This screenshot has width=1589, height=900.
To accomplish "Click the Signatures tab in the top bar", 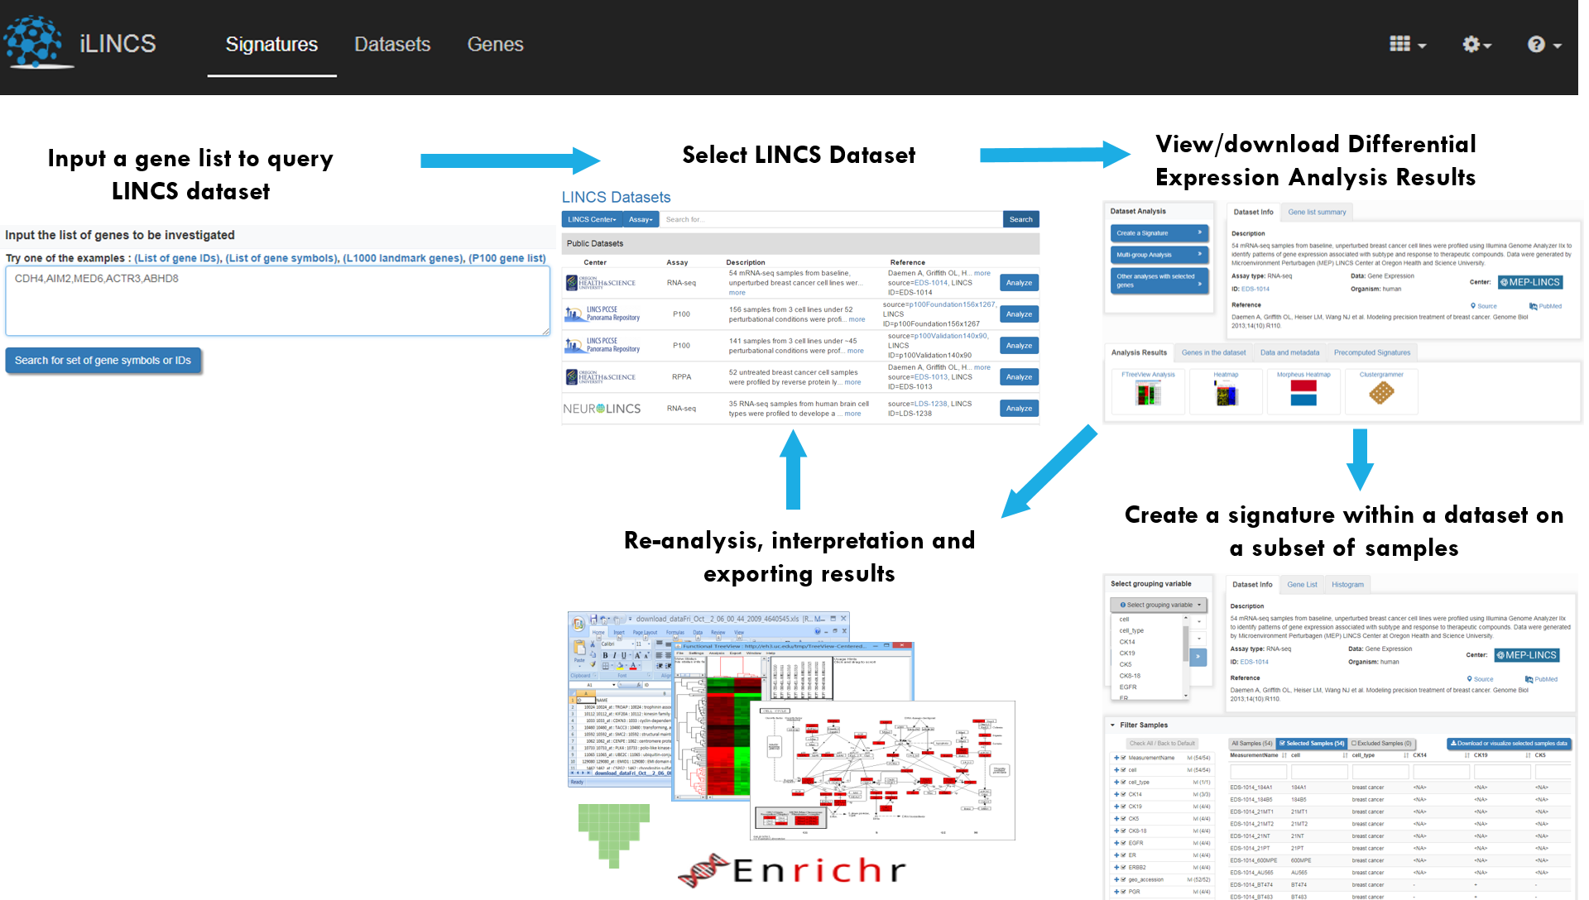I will (x=271, y=45).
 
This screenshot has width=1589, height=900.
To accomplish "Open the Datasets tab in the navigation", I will (x=392, y=45).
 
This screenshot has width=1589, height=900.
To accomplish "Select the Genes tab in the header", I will (x=495, y=45).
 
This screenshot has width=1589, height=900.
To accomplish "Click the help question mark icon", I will (x=1536, y=45).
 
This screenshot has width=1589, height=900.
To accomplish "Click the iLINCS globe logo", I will (x=33, y=41).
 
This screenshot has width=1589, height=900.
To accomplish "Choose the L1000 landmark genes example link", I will (x=403, y=258).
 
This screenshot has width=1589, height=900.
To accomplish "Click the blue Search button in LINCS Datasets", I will (x=1020, y=219).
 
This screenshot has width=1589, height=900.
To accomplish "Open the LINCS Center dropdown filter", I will (x=592, y=219).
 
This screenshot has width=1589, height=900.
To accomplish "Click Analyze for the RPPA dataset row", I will (x=1019, y=377).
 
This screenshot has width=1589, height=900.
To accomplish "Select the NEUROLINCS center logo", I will (x=602, y=409).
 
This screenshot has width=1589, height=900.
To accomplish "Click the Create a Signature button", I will (x=1158, y=233).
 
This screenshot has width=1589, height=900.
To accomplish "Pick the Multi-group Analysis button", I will (x=1158, y=255).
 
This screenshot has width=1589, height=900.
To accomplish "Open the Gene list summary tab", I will (x=1317, y=213).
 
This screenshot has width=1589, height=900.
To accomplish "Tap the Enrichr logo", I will (x=799, y=870).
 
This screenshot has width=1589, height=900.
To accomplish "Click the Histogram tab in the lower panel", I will (x=1347, y=585).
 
